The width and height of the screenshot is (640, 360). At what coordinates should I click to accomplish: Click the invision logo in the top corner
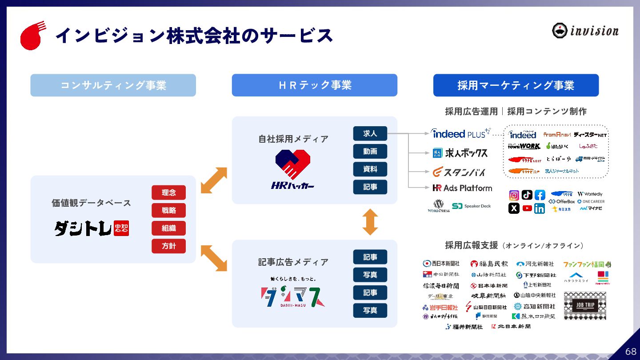tap(585, 31)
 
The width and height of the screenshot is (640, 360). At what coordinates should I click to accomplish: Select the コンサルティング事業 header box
tap(113, 85)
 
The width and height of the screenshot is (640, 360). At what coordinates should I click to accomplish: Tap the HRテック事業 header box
tap(314, 85)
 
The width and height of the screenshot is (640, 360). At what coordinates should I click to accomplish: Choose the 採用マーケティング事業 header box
tap(516, 85)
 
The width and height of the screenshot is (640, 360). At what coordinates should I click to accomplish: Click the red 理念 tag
tap(168, 192)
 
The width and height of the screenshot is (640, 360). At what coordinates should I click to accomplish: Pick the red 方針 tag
tap(168, 246)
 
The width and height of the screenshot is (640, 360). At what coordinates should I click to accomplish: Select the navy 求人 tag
tap(370, 133)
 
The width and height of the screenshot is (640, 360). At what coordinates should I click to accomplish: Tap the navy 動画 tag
tap(370, 151)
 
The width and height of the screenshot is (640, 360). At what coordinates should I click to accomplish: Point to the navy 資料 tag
tap(370, 169)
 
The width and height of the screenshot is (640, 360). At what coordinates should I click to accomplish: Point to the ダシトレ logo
tap(92, 228)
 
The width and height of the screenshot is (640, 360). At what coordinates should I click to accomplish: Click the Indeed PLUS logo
tap(460, 133)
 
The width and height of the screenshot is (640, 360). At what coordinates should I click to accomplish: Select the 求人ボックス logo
tap(460, 153)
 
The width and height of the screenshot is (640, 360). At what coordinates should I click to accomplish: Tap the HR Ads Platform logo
tap(462, 188)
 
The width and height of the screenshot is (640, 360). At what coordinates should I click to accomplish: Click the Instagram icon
tap(514, 195)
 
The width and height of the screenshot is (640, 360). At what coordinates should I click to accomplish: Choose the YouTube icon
tap(527, 208)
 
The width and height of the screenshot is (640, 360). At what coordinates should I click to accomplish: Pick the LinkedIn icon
tap(540, 208)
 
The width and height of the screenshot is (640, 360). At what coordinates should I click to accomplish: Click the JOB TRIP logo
tap(584, 305)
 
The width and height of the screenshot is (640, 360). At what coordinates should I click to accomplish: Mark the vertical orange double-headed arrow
tap(370, 222)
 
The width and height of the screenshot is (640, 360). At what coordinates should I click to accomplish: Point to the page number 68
tap(631, 351)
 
